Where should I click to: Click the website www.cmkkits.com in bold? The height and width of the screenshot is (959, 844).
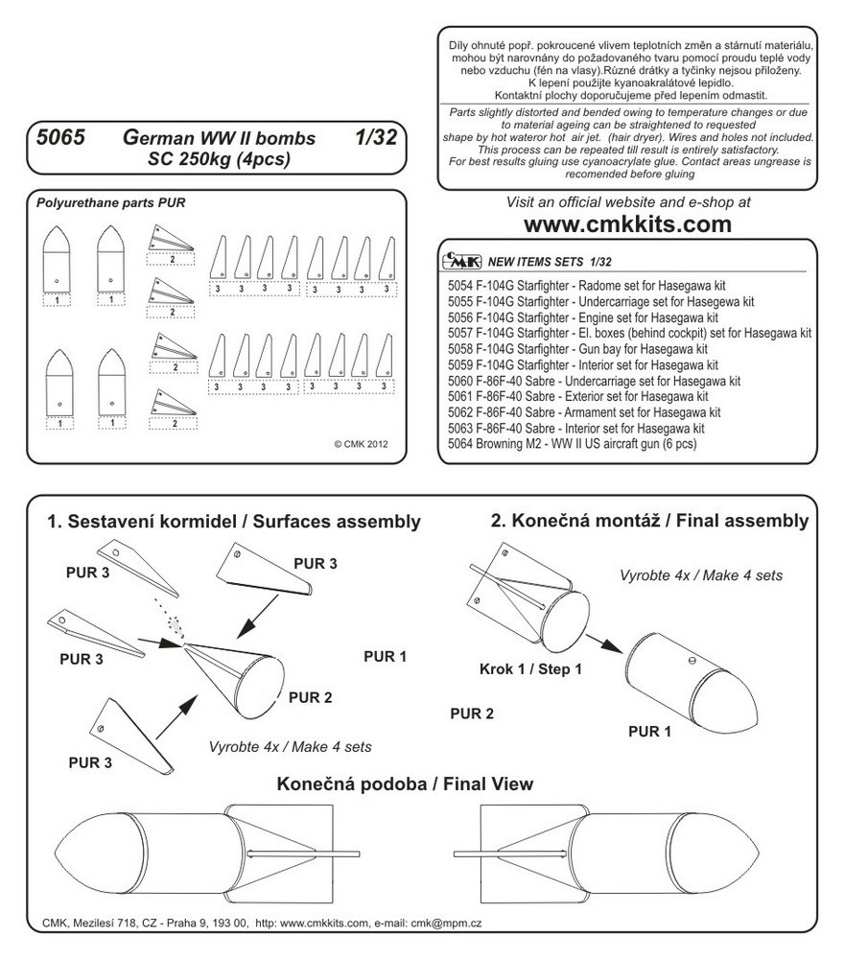point(627,225)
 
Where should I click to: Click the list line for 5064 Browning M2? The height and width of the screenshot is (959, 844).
point(572,445)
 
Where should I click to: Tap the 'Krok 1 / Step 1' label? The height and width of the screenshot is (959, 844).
point(530,669)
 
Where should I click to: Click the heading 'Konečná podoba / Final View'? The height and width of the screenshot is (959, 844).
point(405,784)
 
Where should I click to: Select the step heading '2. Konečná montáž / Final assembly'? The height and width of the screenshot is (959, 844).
point(649,521)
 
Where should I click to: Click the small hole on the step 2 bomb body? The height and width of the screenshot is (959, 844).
point(692,660)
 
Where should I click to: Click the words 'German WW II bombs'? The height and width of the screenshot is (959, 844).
point(219,138)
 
